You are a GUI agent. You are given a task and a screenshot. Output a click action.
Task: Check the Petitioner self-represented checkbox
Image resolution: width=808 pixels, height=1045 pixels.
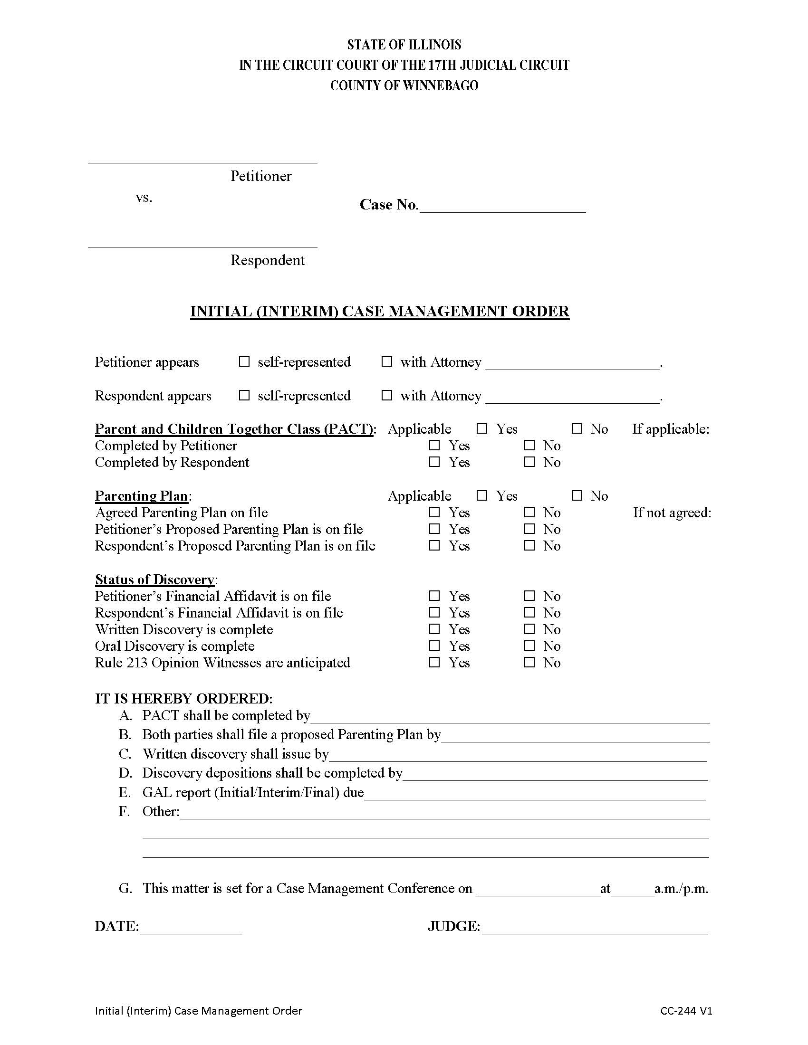(244, 362)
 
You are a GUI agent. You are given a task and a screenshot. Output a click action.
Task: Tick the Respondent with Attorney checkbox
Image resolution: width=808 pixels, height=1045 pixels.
(387, 396)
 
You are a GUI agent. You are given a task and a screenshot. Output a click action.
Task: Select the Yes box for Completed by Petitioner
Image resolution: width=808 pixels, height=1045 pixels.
(434, 446)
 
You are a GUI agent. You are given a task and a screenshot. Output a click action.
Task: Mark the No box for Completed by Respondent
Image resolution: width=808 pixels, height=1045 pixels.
(529, 462)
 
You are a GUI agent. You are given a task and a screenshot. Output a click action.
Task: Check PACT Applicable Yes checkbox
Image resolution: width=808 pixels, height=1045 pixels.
(482, 429)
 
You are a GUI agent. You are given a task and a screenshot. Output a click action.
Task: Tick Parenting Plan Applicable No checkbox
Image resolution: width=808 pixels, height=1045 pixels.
(577, 496)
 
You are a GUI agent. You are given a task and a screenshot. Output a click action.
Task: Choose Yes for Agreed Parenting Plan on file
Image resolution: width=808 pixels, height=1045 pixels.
(434, 513)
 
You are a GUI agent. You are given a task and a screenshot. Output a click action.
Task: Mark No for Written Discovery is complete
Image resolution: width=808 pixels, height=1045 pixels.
(529, 629)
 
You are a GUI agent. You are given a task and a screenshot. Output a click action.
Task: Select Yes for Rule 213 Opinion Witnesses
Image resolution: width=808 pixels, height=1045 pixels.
(434, 663)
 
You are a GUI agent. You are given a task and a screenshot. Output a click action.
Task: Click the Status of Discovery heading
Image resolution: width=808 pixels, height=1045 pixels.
(154, 579)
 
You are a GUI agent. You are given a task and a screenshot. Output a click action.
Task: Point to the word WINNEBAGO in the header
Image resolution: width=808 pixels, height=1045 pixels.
(441, 85)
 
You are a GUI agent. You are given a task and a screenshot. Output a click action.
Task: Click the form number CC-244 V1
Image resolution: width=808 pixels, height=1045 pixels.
(686, 1011)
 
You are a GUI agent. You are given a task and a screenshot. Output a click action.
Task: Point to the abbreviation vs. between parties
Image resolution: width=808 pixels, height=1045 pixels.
(144, 198)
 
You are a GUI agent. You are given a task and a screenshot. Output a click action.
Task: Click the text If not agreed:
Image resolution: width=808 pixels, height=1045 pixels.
(672, 513)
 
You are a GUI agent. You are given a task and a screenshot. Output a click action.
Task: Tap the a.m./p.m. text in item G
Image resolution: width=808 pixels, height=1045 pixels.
(681, 889)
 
